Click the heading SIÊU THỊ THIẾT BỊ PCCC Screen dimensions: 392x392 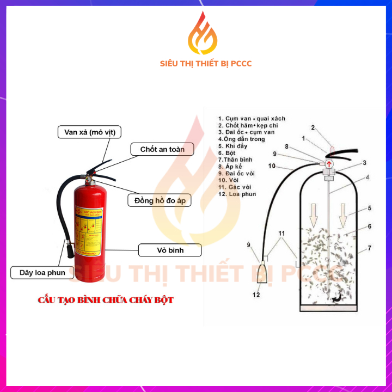click(x=206, y=64)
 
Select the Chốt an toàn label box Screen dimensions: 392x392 click(x=162, y=149)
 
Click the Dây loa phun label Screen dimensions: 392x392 click(x=41, y=272)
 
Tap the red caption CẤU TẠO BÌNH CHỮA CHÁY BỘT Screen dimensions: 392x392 click(x=106, y=300)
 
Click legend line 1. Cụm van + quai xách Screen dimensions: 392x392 click(x=252, y=118)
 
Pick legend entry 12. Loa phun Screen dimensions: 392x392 click(x=237, y=194)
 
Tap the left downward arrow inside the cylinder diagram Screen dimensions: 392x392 click(x=314, y=215)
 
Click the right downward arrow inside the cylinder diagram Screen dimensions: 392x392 click(x=342, y=215)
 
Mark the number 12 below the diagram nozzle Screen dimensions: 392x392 click(x=256, y=295)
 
